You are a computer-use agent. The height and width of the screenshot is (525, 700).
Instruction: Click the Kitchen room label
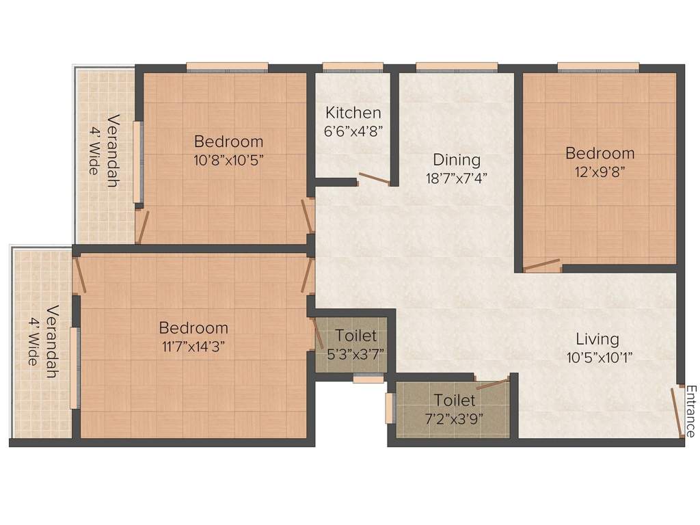[353, 113]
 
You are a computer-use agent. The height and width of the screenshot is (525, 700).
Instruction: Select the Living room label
[597, 338]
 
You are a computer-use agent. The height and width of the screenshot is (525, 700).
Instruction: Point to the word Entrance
[690, 412]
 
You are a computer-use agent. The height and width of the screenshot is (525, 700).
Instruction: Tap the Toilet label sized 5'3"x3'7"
[355, 336]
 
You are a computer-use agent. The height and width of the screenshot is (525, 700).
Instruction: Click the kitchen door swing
[375, 179]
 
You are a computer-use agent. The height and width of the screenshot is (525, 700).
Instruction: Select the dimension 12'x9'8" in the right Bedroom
[600, 172]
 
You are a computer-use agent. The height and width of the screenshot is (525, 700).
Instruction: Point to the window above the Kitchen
[353, 67]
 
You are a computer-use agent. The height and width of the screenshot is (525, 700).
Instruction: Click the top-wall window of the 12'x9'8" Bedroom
[598, 67]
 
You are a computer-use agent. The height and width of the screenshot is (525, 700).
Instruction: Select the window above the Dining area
[456, 67]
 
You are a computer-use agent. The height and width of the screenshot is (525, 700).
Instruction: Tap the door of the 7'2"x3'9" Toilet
[492, 383]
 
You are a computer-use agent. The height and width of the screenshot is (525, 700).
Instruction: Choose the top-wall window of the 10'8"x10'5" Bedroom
[227, 67]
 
